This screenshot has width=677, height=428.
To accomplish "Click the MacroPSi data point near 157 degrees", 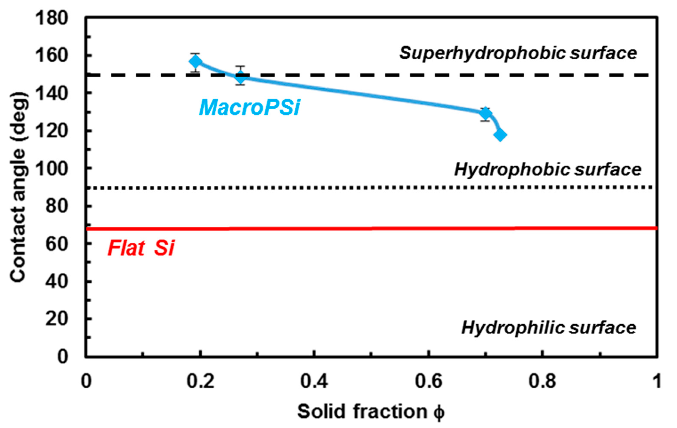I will [x=196, y=62].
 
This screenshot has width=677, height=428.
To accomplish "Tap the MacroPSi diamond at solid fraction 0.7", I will [x=485, y=114].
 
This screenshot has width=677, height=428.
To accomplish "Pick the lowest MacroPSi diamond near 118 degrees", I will [x=500, y=135].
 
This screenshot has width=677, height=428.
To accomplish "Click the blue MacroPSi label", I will [x=249, y=108].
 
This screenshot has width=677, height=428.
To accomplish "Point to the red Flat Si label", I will [x=141, y=248].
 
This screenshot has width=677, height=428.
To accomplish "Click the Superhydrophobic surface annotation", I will [x=518, y=53].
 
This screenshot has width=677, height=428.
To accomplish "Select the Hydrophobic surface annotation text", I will [x=547, y=170].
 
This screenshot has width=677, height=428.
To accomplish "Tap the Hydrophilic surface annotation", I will [x=548, y=328].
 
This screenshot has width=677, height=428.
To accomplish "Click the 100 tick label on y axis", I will [x=51, y=169].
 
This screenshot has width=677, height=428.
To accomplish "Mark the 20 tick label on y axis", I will [x=56, y=319].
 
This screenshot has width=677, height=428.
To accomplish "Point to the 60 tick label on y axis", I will [x=56, y=244].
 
